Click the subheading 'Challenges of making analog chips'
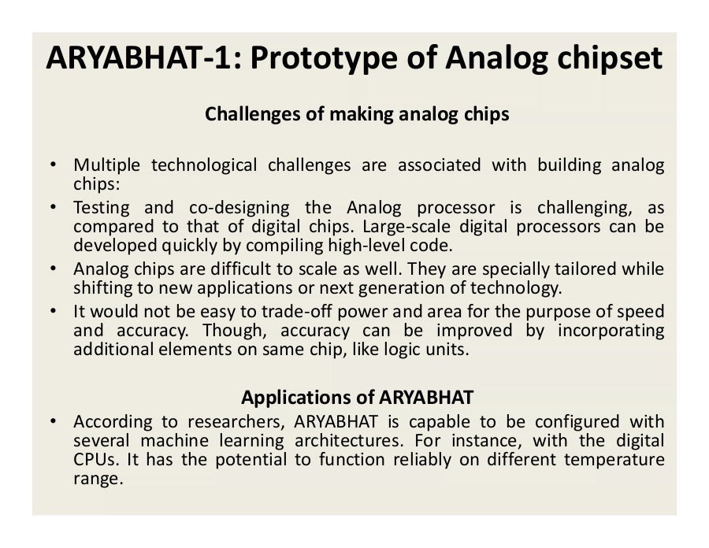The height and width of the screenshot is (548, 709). click(x=357, y=114)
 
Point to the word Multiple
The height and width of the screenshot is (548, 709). click(x=106, y=165)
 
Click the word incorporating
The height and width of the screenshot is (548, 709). click(x=611, y=331)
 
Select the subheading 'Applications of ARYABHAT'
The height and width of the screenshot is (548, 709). click(x=357, y=398)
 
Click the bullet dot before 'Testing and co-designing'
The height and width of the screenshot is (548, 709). click(x=53, y=207)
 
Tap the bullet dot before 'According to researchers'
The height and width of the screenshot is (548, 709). click(x=53, y=421)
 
